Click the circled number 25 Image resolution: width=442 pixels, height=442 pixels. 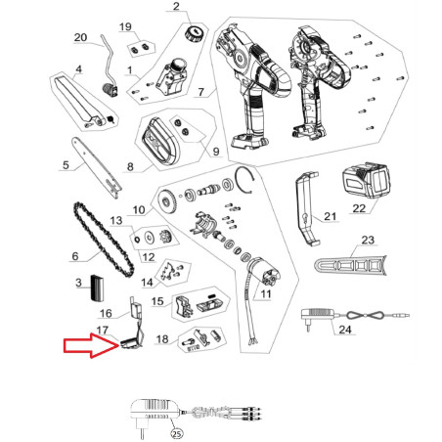click(176, 434)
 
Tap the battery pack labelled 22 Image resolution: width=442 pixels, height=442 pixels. click(366, 181)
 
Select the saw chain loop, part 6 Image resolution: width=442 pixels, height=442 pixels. click(103, 240)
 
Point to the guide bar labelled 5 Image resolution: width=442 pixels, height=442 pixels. click(97, 167)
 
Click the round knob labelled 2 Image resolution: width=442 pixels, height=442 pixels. click(194, 33)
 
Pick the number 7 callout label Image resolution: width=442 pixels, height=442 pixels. click(201, 92)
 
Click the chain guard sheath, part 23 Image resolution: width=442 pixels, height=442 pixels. click(351, 266)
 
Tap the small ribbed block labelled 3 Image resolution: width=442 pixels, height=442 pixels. click(97, 288)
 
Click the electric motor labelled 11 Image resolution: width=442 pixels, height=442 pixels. click(264, 271)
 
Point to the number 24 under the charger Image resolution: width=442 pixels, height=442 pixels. click(345, 330)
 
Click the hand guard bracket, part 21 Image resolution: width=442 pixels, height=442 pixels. click(307, 208)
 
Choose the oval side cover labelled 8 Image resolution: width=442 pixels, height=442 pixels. click(159, 141)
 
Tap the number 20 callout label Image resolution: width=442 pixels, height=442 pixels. click(80, 37)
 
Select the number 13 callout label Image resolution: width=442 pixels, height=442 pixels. click(116, 221)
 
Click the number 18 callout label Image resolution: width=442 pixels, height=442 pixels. click(162, 339)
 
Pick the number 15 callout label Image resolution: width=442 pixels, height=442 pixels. click(157, 301)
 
